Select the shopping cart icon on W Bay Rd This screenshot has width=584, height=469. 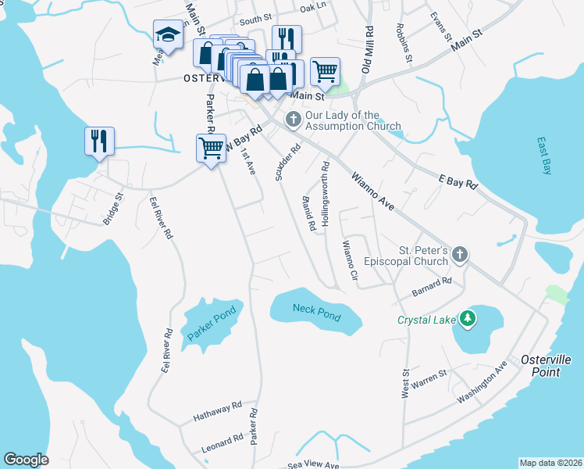point(210,147)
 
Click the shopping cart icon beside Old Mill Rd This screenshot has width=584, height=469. point(325,72)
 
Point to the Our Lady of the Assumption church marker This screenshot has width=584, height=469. point(293,120)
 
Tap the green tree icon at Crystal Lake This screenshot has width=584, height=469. point(468,318)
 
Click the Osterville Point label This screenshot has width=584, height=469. point(540,366)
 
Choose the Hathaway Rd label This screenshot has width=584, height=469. point(219,409)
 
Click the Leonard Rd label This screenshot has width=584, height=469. point(223,443)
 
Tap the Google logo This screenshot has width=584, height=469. point(26,460)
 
